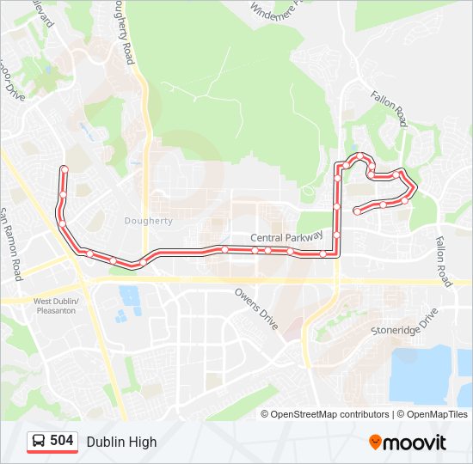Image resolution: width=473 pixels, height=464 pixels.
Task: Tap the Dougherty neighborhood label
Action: point(149,221)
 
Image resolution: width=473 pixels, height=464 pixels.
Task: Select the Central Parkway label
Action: point(286,237)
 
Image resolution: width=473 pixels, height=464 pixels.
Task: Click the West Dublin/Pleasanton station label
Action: point(56,306)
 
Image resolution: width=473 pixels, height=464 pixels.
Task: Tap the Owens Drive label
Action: point(257,308)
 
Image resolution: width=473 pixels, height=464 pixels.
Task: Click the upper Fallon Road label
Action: point(389,109)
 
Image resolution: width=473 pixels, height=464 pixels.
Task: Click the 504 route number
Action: point(62,441)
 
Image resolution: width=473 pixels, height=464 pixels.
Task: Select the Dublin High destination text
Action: point(121,442)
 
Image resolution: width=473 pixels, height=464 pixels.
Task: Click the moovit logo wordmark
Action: point(415,443)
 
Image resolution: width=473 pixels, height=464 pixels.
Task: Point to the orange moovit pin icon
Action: point(375,442)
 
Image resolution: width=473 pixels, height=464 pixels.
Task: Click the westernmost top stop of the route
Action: point(64,168)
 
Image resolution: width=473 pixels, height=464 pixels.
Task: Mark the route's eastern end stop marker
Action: point(357,210)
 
